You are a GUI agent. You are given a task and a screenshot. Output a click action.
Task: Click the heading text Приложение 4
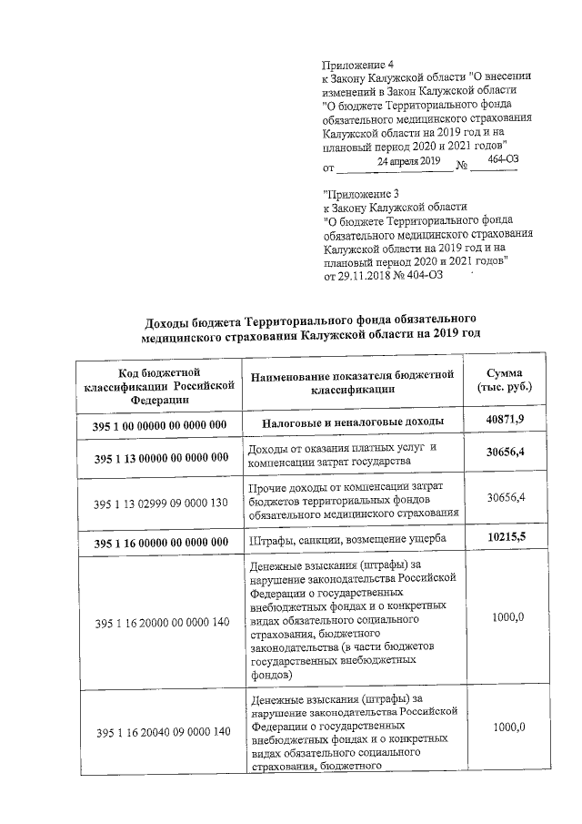[359, 65]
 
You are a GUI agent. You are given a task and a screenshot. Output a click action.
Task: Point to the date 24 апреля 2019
[402, 161]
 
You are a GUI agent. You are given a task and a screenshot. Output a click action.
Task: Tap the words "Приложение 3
[361, 194]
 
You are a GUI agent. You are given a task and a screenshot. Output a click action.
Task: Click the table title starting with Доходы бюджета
[312, 327]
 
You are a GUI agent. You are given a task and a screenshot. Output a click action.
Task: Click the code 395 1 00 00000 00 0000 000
[159, 424]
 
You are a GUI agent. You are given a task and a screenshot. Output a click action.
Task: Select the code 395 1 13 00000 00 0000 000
[159, 458]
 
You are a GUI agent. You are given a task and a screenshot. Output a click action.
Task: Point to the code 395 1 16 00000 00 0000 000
[159, 543]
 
